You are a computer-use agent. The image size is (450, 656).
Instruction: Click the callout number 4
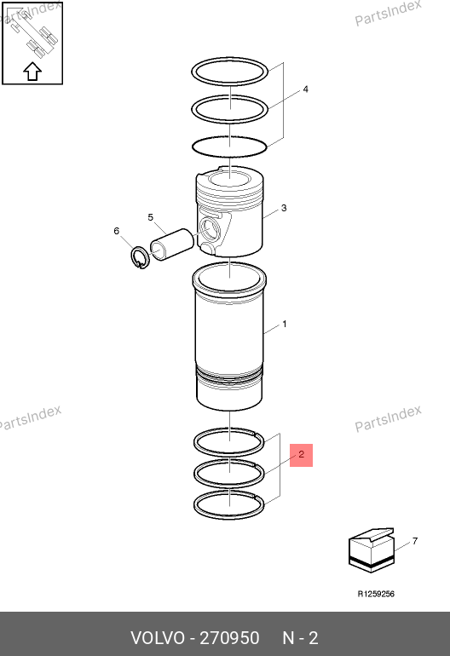pyautogui.click(x=306, y=89)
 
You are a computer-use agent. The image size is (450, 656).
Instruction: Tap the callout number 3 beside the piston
pyautogui.click(x=284, y=208)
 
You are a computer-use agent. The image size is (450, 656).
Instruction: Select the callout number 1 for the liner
pyautogui.click(x=284, y=324)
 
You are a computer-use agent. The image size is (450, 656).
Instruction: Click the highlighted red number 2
pyautogui.click(x=302, y=455)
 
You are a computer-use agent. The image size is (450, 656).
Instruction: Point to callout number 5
pyautogui.click(x=151, y=217)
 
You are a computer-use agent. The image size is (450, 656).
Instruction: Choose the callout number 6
pyautogui.click(x=117, y=231)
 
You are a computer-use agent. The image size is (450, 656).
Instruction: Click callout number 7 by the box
pyautogui.click(x=415, y=541)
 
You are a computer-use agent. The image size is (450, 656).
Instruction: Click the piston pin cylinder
pyautogui.click(x=171, y=245)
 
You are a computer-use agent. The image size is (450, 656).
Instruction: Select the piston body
pyautogui.click(x=230, y=211)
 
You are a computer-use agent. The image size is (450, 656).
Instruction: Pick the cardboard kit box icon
pyautogui.click(x=372, y=550)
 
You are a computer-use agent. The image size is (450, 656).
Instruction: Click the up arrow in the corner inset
pyautogui.click(x=32, y=72)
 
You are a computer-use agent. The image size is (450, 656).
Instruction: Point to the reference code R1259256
pyautogui.click(x=376, y=594)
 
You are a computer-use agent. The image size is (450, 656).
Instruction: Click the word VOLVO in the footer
pyautogui.click(x=158, y=638)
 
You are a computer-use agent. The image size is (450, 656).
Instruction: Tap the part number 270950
pyautogui.click(x=229, y=638)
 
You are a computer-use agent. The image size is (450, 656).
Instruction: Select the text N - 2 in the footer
pyautogui.click(x=300, y=638)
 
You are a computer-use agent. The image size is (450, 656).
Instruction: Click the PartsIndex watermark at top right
pyautogui.click(x=388, y=13)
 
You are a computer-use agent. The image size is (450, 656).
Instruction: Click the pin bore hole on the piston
pyautogui.click(x=209, y=228)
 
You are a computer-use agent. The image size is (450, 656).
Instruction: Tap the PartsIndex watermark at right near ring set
pyautogui.click(x=388, y=418)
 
